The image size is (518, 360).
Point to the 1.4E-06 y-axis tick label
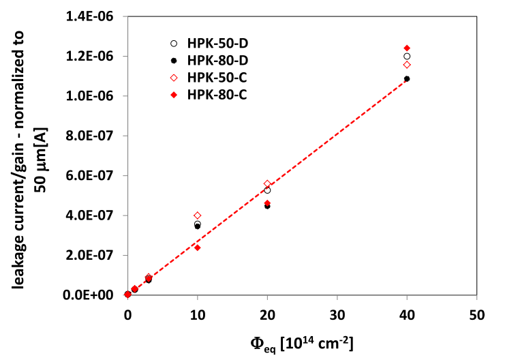[x=97, y=16]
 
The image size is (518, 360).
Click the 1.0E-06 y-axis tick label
[x=97, y=96]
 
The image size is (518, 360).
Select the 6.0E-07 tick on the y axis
[x=97, y=176]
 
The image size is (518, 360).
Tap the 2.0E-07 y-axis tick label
[x=97, y=256]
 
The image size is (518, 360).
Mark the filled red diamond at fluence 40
[x=407, y=48]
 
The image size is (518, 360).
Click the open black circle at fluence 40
[x=407, y=57]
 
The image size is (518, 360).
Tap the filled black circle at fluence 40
[x=407, y=79]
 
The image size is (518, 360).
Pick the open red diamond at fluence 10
[x=198, y=215]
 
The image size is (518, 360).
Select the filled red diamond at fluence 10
[x=198, y=247]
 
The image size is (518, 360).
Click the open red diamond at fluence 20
[x=267, y=184]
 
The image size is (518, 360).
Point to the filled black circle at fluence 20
[x=267, y=205]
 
